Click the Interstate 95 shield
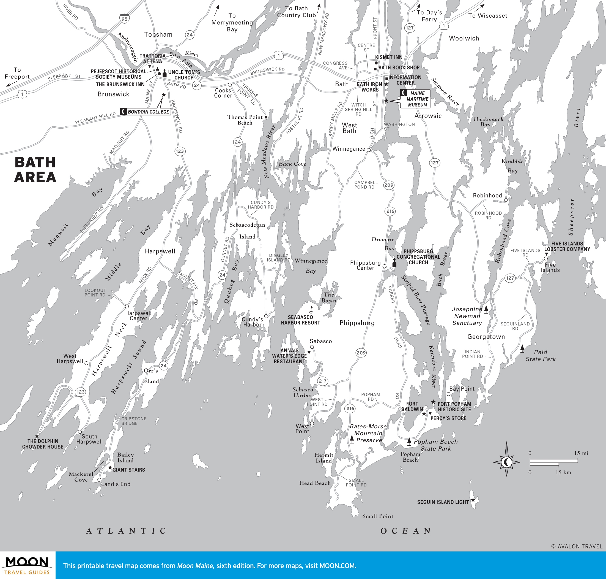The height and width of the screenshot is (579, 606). (x=124, y=18)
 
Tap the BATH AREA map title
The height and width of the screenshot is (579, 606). (x=35, y=170)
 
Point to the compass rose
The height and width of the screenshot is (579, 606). (x=506, y=462)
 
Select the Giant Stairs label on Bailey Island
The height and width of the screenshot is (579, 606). (x=128, y=470)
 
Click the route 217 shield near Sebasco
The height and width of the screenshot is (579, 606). (x=322, y=381)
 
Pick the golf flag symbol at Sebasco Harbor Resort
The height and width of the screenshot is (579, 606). (x=311, y=310)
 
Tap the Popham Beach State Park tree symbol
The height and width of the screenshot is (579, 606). (x=409, y=441)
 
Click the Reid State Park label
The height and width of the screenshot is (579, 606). (x=540, y=356)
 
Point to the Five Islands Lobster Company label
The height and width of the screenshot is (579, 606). (x=567, y=246)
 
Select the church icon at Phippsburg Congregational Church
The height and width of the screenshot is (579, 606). (x=394, y=263)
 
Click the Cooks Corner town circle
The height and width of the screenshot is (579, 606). (x=230, y=85)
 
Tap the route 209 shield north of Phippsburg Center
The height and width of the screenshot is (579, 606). (x=389, y=185)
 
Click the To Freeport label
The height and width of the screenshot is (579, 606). (x=17, y=73)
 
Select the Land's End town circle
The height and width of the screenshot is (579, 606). (x=99, y=480)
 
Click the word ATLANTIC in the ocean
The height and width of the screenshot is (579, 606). (x=126, y=531)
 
